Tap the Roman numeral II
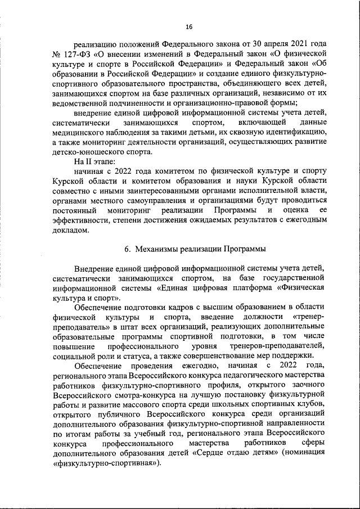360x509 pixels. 88,162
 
